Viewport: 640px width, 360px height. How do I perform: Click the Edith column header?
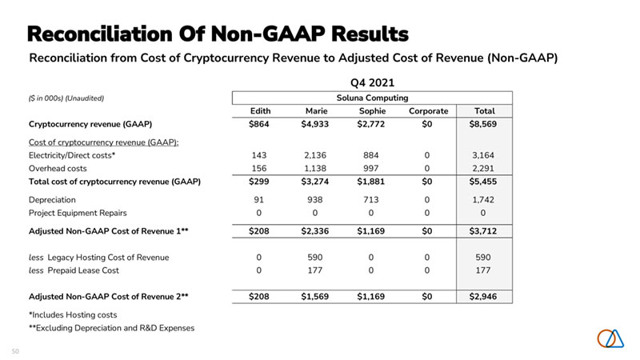coord(262,110)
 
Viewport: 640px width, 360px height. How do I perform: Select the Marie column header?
coord(318,110)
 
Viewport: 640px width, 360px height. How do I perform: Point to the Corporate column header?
coord(429,110)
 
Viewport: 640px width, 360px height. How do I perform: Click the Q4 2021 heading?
coord(372,82)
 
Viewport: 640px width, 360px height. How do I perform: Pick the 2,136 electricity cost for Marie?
coord(318,154)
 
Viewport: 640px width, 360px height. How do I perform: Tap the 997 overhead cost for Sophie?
coord(374,168)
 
